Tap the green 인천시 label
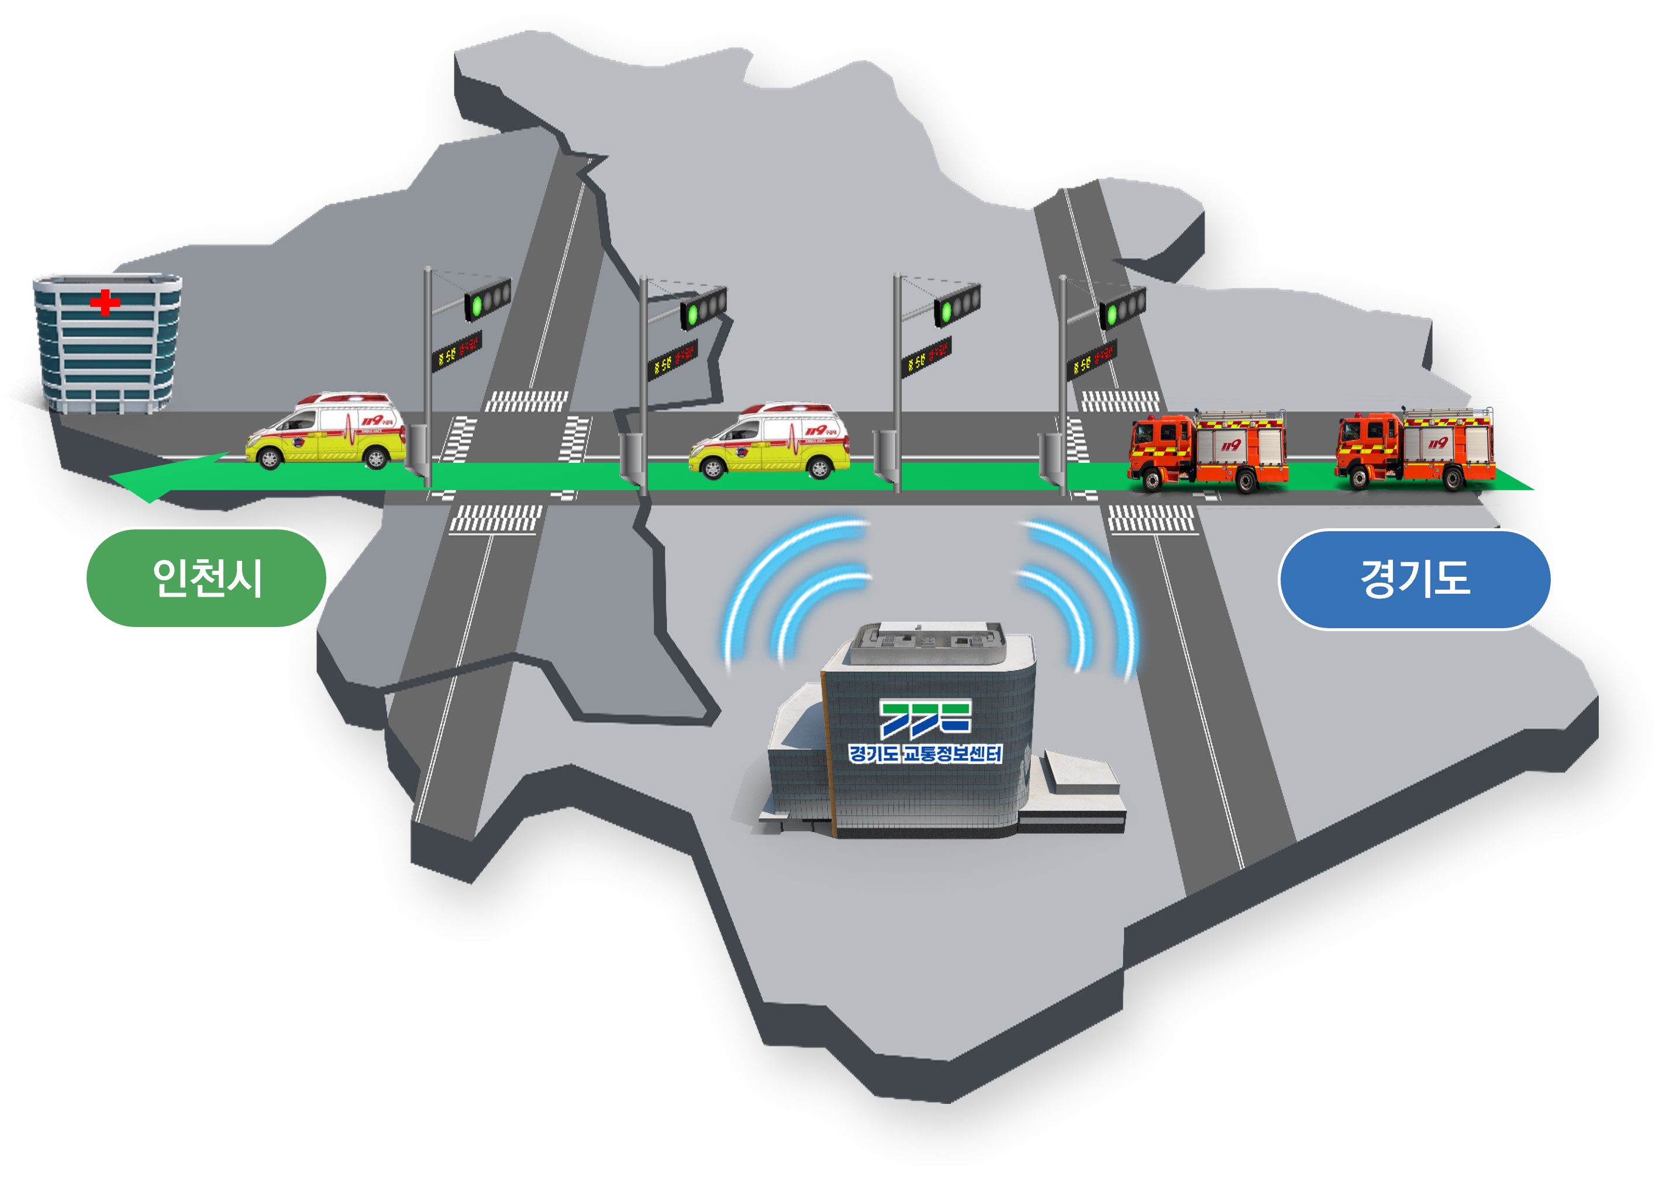pos(206,578)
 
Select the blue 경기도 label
pos(1415,580)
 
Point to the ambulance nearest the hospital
pos(326,434)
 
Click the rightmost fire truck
pos(1415,449)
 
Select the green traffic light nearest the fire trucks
pos(1111,314)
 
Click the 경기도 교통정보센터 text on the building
pos(925,753)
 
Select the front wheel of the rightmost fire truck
pos(1358,480)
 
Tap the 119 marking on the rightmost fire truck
pos(1437,443)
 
